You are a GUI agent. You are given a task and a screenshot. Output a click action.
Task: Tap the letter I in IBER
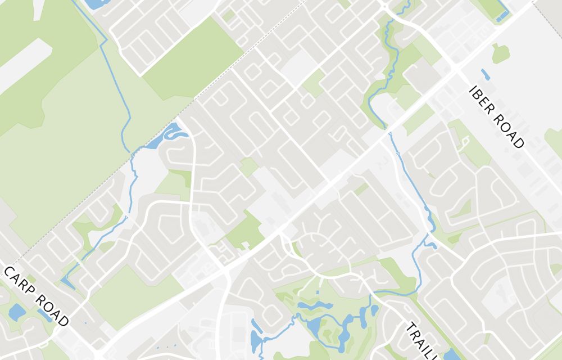pos(474,91)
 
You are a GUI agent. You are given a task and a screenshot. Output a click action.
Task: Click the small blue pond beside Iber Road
pos(485,74)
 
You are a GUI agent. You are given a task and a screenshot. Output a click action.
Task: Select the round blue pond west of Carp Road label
pos(17,311)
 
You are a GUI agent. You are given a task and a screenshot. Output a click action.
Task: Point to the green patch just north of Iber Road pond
pos(500,53)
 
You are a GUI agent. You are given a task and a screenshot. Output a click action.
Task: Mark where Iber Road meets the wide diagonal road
pos(456,70)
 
